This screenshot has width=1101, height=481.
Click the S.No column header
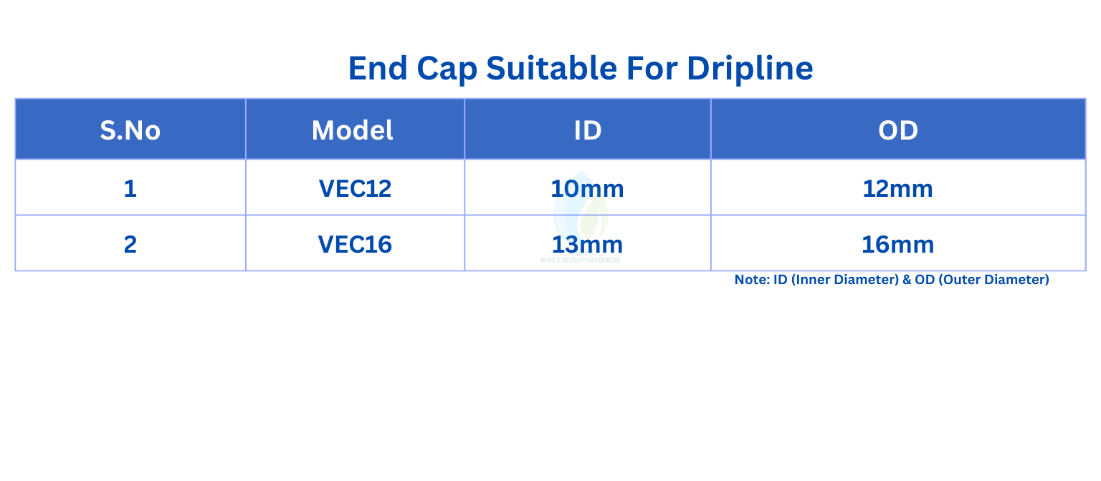(130, 130)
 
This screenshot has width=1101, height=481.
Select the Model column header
(353, 130)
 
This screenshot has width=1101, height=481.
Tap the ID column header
(588, 130)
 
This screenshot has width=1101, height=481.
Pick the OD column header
(898, 130)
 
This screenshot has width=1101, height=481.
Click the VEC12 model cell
(355, 189)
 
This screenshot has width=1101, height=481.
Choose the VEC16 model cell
(355, 244)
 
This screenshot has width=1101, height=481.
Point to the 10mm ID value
(587, 189)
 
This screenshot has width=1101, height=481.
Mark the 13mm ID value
(587, 244)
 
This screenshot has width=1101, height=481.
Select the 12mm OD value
(898, 189)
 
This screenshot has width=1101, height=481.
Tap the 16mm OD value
(898, 244)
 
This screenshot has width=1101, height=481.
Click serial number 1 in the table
(130, 189)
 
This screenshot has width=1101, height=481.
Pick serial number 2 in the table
(130, 244)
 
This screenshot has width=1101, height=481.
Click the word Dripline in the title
(750, 68)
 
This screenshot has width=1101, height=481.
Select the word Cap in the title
(447, 69)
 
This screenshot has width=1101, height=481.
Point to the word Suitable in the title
(551, 68)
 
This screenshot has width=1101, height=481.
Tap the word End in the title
(378, 68)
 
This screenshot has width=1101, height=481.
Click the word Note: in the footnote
(752, 280)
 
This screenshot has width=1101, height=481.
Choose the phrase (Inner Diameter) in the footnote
(845, 280)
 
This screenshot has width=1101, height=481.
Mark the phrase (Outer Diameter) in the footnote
(994, 280)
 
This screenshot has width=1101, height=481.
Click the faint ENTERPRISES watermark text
(581, 260)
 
